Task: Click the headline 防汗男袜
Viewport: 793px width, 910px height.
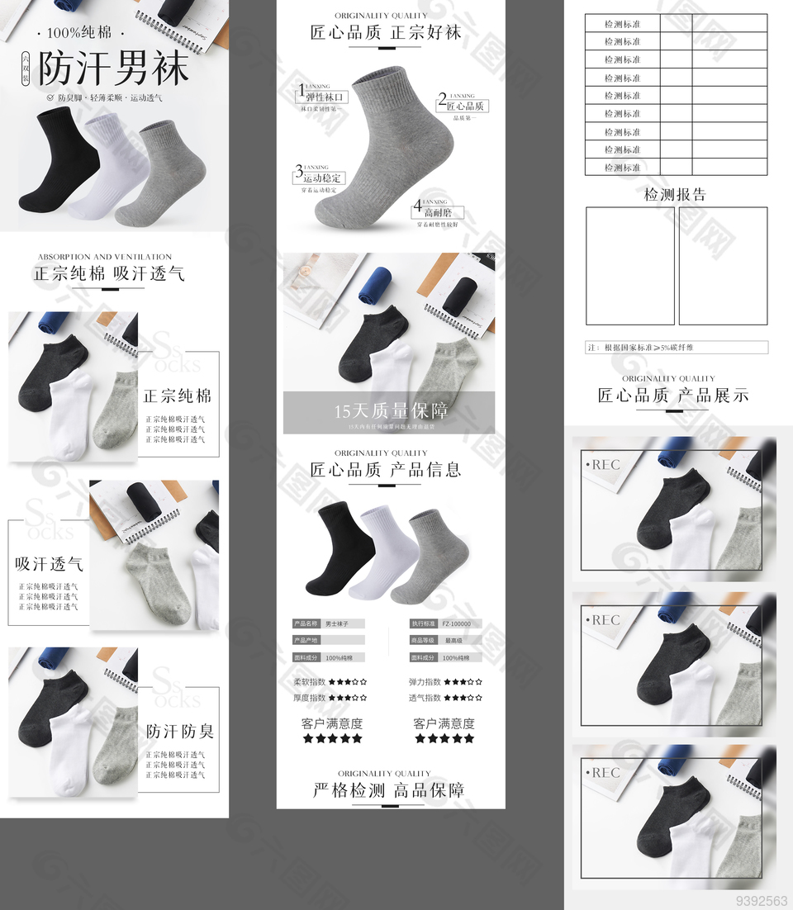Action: coord(114,69)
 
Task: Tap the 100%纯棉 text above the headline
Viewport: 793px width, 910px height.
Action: coord(79,33)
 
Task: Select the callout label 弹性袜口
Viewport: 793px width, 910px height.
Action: coord(325,97)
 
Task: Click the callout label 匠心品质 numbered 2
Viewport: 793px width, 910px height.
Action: coord(465,107)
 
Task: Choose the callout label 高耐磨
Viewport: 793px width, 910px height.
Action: coord(439,213)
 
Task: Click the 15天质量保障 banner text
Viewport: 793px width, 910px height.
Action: coord(392,410)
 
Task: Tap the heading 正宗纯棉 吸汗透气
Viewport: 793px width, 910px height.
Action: coord(108,273)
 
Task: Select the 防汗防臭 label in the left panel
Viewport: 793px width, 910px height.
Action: coord(179,731)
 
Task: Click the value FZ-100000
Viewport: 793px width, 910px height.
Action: coord(457,624)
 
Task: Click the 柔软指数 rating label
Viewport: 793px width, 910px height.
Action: coord(310,682)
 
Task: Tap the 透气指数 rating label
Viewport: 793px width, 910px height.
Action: coord(425,698)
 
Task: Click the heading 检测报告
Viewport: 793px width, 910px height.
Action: coord(675,195)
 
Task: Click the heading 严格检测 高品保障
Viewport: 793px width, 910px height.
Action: coord(388,790)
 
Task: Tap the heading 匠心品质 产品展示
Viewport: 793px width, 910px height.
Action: coord(673,396)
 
